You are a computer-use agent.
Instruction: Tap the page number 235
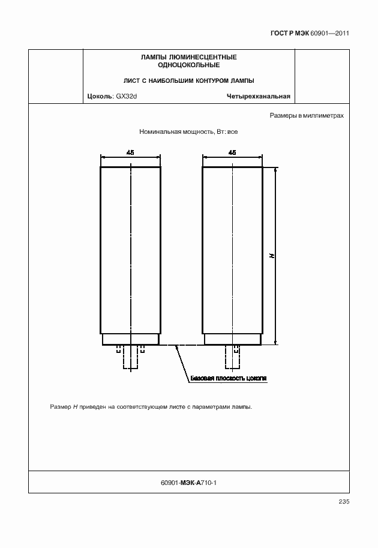[x=343, y=502]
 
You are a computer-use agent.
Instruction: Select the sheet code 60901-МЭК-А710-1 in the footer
[x=189, y=482]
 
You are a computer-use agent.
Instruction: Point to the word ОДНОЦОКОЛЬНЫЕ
[x=188, y=64]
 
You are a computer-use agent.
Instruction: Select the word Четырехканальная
[x=259, y=96]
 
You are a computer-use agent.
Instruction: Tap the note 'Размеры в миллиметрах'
[x=307, y=115]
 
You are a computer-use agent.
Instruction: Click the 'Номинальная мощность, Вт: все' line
[x=188, y=131]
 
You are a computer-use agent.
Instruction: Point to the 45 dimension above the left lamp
[x=130, y=152]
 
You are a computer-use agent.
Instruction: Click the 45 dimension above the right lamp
[x=232, y=152]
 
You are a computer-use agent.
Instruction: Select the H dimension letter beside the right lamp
[x=272, y=256]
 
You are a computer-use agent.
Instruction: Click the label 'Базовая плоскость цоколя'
[x=228, y=379]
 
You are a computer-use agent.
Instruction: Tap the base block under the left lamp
[x=130, y=339]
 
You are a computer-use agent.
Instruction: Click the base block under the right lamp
[x=232, y=339]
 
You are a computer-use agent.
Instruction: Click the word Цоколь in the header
[x=98, y=96]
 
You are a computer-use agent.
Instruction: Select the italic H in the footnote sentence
[x=76, y=407]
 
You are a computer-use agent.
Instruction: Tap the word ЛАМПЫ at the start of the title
[x=151, y=57]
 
